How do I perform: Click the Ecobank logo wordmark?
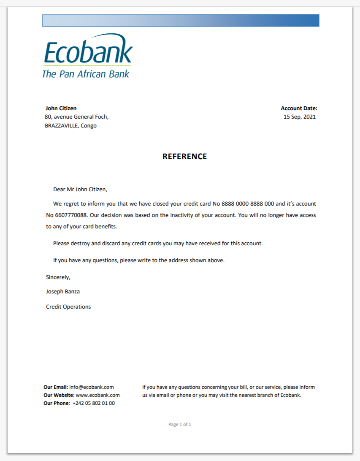tap(88, 52)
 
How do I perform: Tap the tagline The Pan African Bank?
tap(86, 74)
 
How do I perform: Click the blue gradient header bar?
tap(181, 20)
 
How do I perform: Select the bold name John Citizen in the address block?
tap(61, 108)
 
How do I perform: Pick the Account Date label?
tap(299, 108)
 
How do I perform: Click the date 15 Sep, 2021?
tap(300, 117)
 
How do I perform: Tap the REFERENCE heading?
tap(185, 157)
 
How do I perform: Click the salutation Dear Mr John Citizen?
tap(83, 190)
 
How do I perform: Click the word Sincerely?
tap(58, 277)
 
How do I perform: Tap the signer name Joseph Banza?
tap(63, 292)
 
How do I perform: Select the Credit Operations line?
tap(68, 307)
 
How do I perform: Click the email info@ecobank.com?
tap(92, 387)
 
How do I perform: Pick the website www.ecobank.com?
tap(97, 395)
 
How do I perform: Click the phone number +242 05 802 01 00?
tap(94, 403)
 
